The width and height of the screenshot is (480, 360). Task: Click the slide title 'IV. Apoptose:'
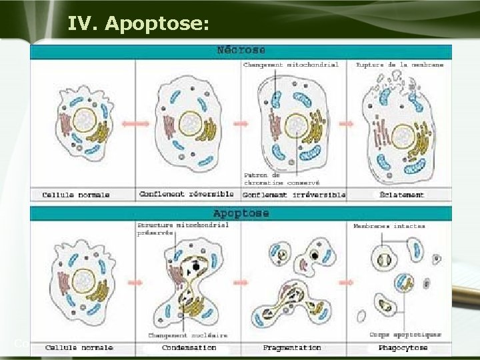pyautogui.click(x=138, y=25)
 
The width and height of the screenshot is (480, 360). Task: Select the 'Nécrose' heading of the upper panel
pyautogui.click(x=241, y=51)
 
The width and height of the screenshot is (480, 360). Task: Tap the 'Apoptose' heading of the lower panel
pyautogui.click(x=241, y=214)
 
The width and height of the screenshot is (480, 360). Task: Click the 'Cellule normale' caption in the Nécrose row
pyautogui.click(x=76, y=195)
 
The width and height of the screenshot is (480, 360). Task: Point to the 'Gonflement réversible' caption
pyautogui.click(x=187, y=195)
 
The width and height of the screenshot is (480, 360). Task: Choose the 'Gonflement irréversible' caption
pyautogui.click(x=294, y=195)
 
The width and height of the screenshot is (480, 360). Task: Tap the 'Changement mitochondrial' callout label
pyautogui.click(x=291, y=65)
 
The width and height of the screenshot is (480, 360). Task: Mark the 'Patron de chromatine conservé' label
pyautogui.click(x=281, y=178)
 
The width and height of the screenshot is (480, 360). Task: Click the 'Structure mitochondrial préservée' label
pyautogui.click(x=183, y=229)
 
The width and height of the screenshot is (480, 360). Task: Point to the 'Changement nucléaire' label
pyautogui.click(x=187, y=335)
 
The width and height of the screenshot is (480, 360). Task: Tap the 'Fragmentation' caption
pyautogui.click(x=292, y=348)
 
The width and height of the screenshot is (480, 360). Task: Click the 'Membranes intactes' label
pyautogui.click(x=389, y=227)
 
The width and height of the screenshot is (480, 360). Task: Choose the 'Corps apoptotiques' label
pyautogui.click(x=405, y=335)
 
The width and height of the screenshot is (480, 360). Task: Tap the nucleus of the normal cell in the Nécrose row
pyautogui.click(x=85, y=121)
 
